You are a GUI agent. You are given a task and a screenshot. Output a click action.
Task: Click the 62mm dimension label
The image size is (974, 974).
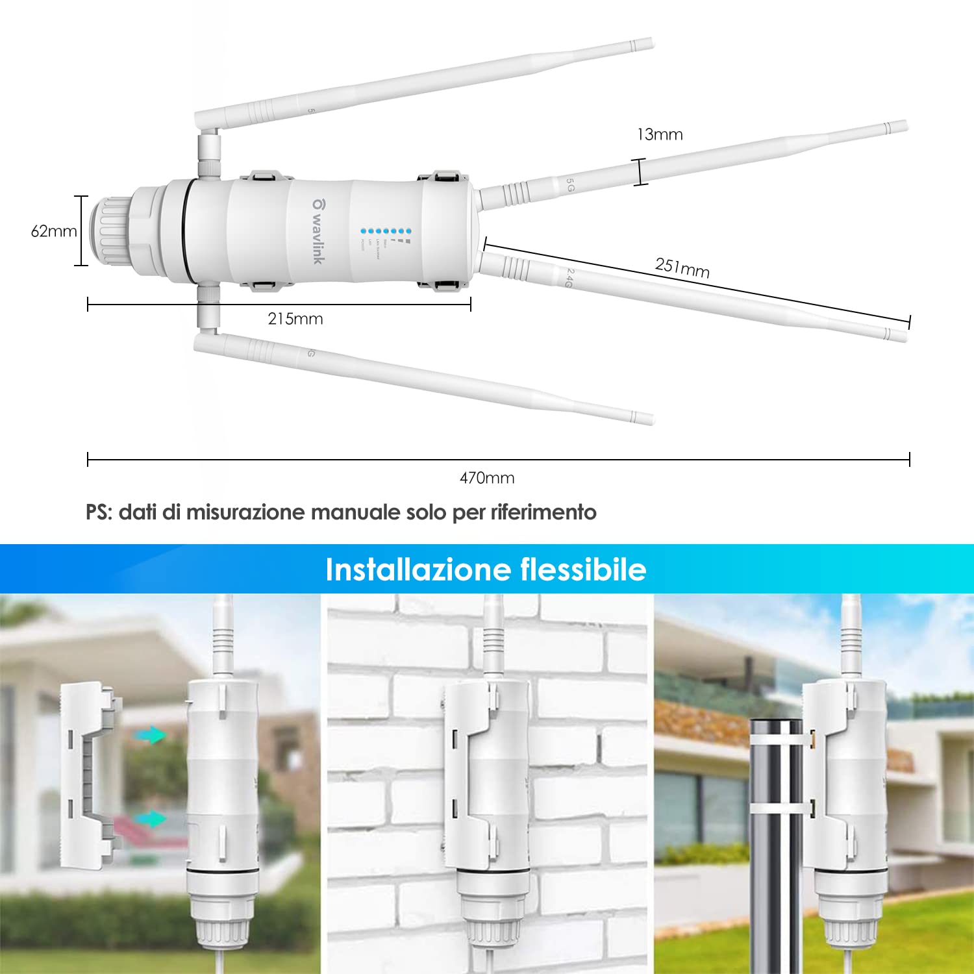pyautogui.click(x=54, y=231)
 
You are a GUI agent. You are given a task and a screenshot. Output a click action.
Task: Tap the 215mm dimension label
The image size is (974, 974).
pyautogui.click(x=295, y=319)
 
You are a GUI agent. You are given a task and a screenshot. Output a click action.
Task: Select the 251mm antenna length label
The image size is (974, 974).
pyautogui.click(x=682, y=268)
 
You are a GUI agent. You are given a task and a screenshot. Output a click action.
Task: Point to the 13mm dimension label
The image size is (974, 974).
pyautogui.click(x=660, y=134)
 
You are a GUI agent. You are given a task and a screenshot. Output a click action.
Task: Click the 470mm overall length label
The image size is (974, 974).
pyautogui.click(x=487, y=479)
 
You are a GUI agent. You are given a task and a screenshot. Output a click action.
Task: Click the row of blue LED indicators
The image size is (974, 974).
pyautogui.click(x=386, y=231)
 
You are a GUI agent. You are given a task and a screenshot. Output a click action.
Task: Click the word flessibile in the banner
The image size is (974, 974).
pyautogui.click(x=583, y=569)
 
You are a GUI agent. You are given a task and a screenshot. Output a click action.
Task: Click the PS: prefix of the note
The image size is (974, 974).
pyautogui.click(x=99, y=512)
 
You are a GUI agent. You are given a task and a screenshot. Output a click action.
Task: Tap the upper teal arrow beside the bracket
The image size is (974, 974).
pyautogui.click(x=151, y=735)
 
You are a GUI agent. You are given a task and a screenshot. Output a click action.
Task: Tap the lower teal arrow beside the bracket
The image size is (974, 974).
pyautogui.click(x=151, y=819)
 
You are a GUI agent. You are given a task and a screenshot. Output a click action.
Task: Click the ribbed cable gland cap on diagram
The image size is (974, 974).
pyautogui.click(x=110, y=231)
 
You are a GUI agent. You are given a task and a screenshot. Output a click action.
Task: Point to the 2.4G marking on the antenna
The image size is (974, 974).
pyautogui.click(x=569, y=278)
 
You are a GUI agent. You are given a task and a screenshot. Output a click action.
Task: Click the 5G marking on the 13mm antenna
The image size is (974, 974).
pyautogui.click(x=569, y=186)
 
